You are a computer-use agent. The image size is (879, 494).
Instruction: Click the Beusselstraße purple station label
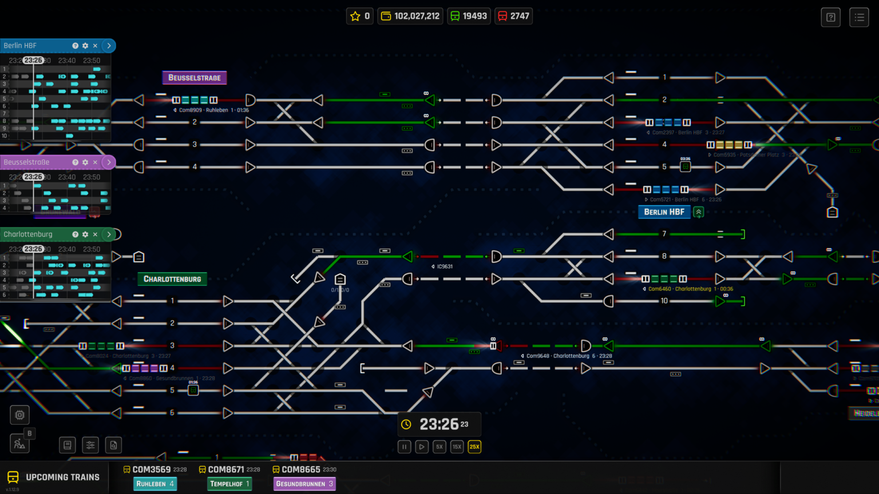(x=195, y=78)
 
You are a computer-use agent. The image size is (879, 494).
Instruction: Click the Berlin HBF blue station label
(x=664, y=212)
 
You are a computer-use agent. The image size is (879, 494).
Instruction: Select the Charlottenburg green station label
(x=172, y=279)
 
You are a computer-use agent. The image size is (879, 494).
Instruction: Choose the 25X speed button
(x=474, y=447)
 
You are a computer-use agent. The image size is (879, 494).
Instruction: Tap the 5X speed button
(x=439, y=447)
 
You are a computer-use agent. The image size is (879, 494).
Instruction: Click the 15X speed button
(x=457, y=447)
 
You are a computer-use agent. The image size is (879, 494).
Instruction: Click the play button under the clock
(x=422, y=447)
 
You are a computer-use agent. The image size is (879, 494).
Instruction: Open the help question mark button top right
(x=831, y=17)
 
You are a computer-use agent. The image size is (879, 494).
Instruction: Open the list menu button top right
(x=859, y=17)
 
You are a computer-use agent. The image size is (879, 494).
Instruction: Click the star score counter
(x=360, y=16)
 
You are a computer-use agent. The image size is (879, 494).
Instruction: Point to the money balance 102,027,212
(x=410, y=16)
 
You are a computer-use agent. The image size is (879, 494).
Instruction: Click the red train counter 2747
(x=513, y=16)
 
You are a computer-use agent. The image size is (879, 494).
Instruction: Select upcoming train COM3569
(x=152, y=469)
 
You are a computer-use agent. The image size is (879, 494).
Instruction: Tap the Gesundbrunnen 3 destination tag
(x=304, y=484)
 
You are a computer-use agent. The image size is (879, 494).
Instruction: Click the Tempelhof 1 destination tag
(x=229, y=484)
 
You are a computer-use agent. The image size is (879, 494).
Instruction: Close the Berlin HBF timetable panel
(x=95, y=46)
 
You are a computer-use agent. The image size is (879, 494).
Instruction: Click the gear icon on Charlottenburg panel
(x=85, y=234)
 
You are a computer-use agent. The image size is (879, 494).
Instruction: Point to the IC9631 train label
(x=444, y=266)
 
